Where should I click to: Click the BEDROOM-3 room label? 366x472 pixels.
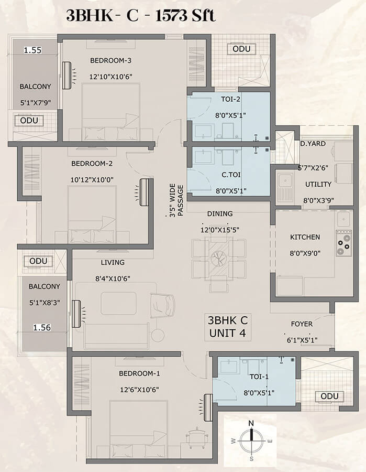(110, 60)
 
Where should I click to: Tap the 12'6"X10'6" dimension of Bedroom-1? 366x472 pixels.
(139, 390)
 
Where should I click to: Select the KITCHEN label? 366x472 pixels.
(305, 237)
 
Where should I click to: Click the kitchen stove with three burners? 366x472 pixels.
(344, 243)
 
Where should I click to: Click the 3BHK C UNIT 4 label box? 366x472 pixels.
(228, 327)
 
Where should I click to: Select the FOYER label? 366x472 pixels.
(302, 324)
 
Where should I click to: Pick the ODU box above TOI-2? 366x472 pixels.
(241, 49)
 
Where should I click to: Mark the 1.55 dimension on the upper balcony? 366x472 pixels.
(32, 50)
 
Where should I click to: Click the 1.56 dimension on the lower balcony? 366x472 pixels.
(42, 327)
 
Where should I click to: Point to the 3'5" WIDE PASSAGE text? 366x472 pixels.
(176, 200)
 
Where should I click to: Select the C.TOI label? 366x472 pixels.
(231, 175)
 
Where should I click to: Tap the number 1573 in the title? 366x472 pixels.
(171, 16)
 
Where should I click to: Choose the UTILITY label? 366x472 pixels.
(318, 184)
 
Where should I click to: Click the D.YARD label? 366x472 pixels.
(313, 144)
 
